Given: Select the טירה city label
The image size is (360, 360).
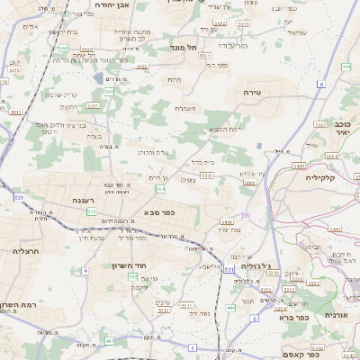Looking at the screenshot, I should pos(251,92).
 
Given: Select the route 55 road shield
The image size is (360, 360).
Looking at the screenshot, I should pos(245,215).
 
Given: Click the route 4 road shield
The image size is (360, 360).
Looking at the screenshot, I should pos(85,270).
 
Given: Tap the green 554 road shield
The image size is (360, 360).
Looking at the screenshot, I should pos(160,189).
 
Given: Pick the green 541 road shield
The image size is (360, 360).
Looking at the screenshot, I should pos(91,211).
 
